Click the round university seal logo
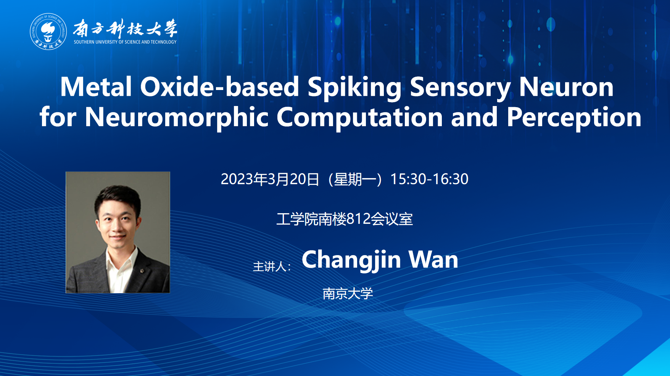[x=48, y=31]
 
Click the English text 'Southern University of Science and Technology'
[x=125, y=42]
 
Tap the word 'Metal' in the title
[x=96, y=87]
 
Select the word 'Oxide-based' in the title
[x=219, y=87]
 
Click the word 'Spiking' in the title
[x=354, y=88]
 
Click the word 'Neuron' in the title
[x=566, y=87]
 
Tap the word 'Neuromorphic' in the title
[x=177, y=117]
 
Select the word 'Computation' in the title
[x=359, y=117]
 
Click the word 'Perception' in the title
[x=574, y=117]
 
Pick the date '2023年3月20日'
[x=270, y=179]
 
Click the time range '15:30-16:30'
[x=429, y=179]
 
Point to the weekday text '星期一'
[x=354, y=179]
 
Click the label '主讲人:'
[x=272, y=267]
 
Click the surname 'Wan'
[x=433, y=260]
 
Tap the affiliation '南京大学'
[x=348, y=294]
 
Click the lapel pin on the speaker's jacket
[x=142, y=271]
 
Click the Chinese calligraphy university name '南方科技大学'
[x=125, y=28]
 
